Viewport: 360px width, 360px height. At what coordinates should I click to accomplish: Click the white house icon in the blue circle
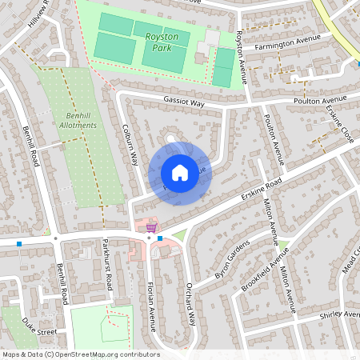click(x=179, y=173)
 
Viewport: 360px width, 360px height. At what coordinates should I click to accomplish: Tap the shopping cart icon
click(x=151, y=228)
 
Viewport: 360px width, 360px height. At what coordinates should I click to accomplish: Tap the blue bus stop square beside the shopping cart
click(x=160, y=238)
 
